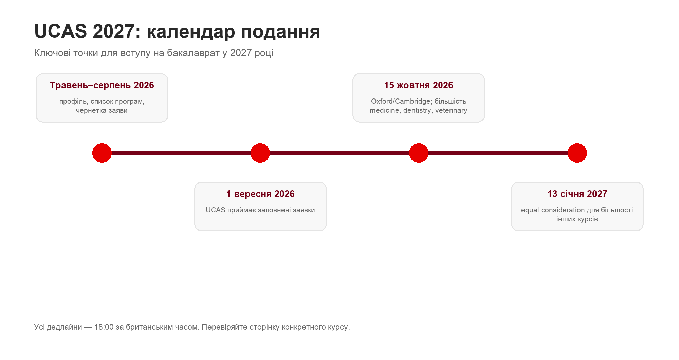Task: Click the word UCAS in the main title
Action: (61, 31)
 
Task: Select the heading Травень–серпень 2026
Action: (102, 85)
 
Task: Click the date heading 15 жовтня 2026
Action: (419, 85)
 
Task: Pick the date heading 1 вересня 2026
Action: (260, 194)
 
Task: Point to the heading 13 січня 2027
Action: (577, 194)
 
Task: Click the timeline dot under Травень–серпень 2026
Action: (102, 153)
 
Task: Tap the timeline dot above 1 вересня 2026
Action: (260, 153)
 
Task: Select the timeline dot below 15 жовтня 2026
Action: (419, 153)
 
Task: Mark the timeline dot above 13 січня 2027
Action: (577, 153)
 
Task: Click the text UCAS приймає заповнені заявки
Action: (260, 210)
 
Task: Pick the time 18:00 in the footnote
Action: (104, 327)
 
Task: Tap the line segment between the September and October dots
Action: (339, 153)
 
